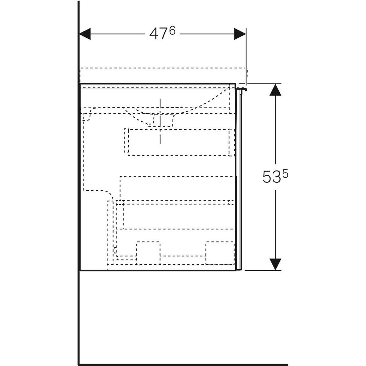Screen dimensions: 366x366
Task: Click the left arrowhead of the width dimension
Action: pos(85,34)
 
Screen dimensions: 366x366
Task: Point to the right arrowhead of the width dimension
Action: pos(240,34)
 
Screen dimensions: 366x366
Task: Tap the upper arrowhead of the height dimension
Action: pos(275,90)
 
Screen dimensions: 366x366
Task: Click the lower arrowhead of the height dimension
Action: pos(275,264)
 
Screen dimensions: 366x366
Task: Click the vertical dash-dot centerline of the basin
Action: pos(160,121)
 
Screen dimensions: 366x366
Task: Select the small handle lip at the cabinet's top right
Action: pos(242,89)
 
